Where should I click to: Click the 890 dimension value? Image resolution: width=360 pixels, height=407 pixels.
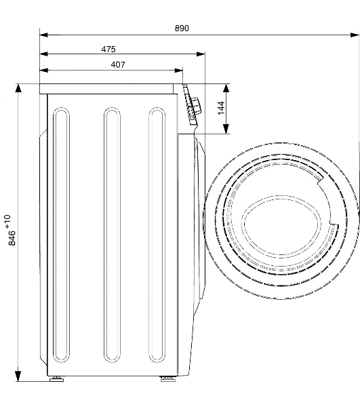pos(182,28)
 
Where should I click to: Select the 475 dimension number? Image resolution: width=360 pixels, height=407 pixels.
pos(108,49)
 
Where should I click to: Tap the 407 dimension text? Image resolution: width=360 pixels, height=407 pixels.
pos(118,64)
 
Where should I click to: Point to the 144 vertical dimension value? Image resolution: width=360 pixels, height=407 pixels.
pos(221,108)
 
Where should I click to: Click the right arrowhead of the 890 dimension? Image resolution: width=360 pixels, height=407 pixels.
pos(355,35)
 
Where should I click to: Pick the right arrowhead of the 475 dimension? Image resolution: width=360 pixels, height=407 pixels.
pos(201,54)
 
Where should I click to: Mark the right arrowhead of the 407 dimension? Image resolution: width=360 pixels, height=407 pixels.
pos(178,70)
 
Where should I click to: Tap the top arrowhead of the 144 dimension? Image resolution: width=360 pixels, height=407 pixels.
pos(226,88)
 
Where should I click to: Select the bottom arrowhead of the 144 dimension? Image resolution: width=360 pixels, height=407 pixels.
pos(226,129)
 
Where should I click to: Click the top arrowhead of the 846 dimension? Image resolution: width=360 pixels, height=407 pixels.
pos(18,89)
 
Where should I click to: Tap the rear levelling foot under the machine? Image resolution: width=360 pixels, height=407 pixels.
pos(57,379)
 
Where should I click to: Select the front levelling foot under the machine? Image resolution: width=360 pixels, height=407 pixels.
pos(167,379)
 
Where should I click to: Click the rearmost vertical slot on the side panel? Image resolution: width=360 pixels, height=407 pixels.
pos(61,274)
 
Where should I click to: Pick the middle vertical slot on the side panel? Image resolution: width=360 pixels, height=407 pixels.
pos(112,274)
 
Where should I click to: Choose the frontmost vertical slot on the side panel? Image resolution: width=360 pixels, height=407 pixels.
pos(157,274)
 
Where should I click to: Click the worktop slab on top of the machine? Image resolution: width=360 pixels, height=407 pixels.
pos(106,89)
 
